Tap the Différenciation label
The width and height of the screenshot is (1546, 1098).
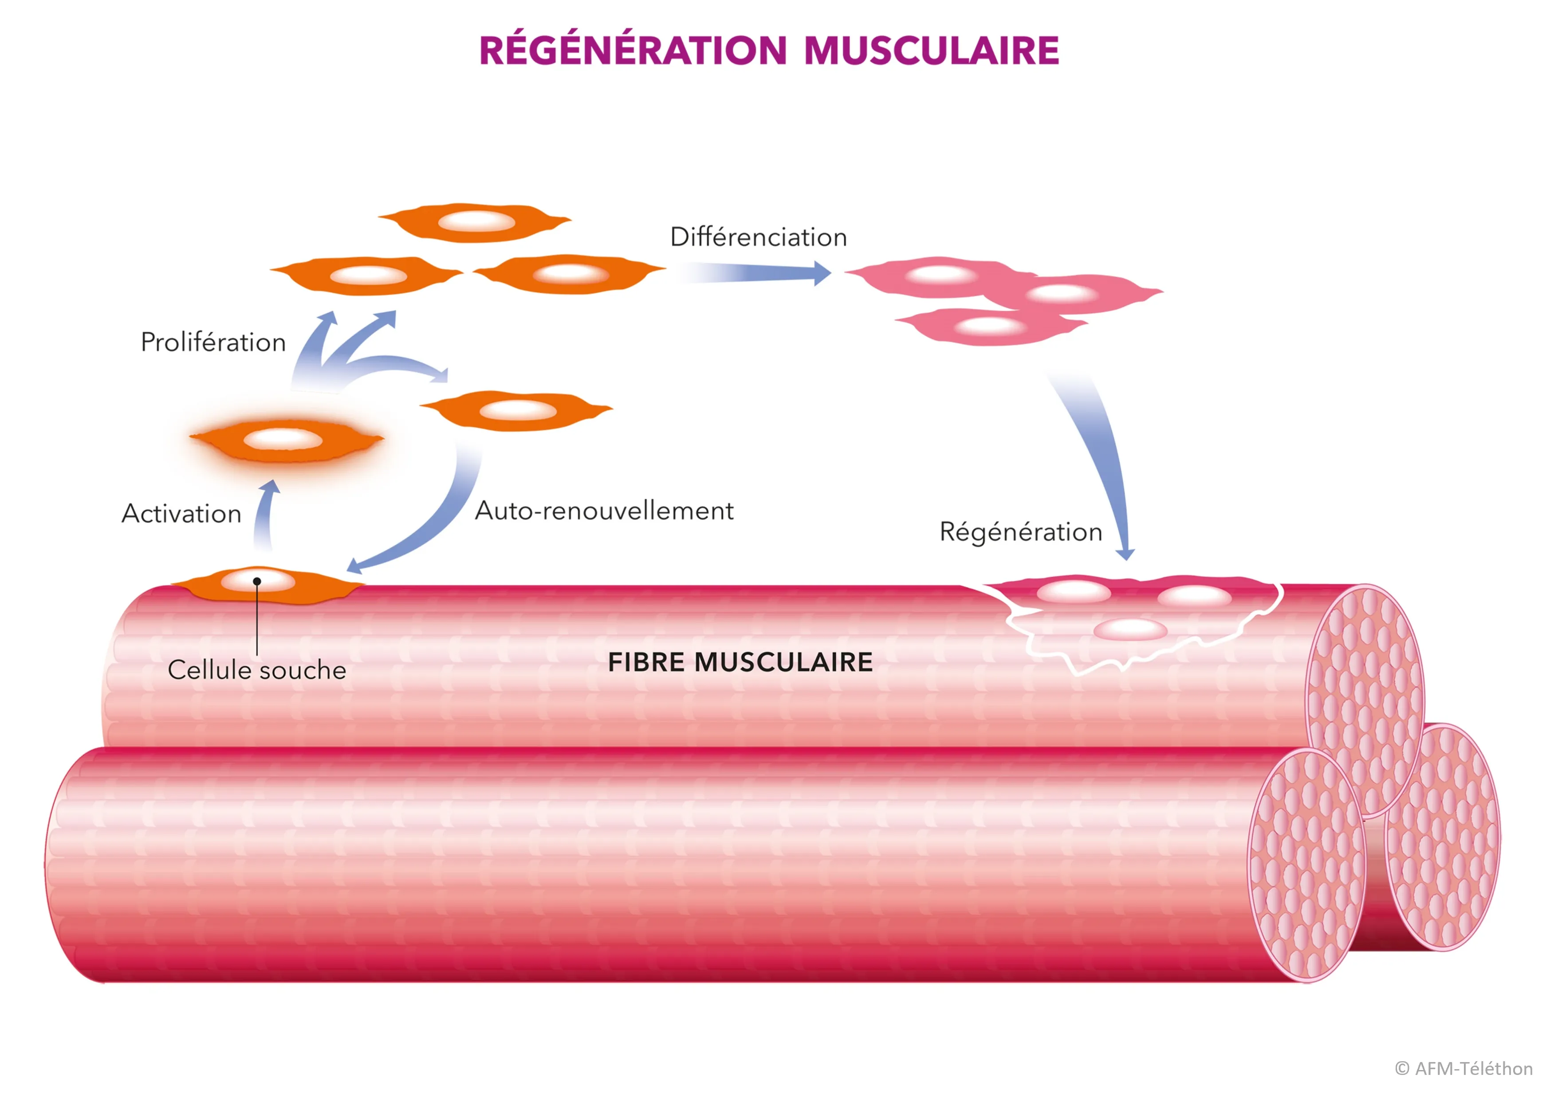coord(758,237)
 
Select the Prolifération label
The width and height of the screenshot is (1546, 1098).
coord(213,343)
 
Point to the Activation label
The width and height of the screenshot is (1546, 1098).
coord(181,514)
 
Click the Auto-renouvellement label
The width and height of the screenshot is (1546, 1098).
coord(604,511)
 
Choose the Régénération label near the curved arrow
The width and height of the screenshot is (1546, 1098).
coord(1020,532)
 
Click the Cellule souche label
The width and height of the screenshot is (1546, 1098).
coord(256,670)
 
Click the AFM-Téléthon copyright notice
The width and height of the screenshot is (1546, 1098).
coord(1463,1068)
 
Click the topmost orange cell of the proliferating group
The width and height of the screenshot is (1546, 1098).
coord(475,222)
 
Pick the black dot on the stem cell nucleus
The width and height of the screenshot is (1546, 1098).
coord(257,582)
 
